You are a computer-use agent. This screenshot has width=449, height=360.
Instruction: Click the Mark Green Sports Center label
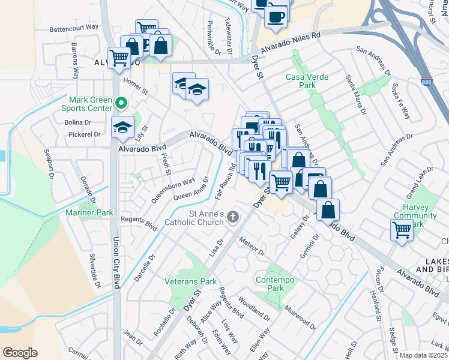(x=90, y=104)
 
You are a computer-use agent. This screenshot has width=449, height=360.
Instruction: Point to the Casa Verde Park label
(x=300, y=81)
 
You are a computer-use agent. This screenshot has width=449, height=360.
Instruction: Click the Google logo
(x=20, y=353)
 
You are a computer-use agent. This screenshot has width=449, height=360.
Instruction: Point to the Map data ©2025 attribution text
(x=423, y=355)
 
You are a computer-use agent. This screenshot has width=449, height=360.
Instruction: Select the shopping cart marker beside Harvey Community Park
(x=402, y=229)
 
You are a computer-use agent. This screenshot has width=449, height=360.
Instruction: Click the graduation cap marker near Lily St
(x=122, y=127)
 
